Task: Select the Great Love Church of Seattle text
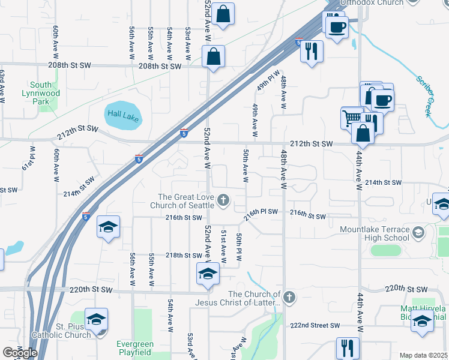tap(185, 201)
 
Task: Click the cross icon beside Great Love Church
tap(224, 200)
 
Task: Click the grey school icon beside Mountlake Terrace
tap(418, 232)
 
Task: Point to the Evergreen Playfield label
tap(134, 349)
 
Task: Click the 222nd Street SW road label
tap(315, 325)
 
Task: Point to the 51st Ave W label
tap(224, 246)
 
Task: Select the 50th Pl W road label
tap(239, 247)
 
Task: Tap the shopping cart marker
tap(352, 118)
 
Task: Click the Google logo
tap(20, 352)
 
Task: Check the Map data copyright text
tap(424, 355)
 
